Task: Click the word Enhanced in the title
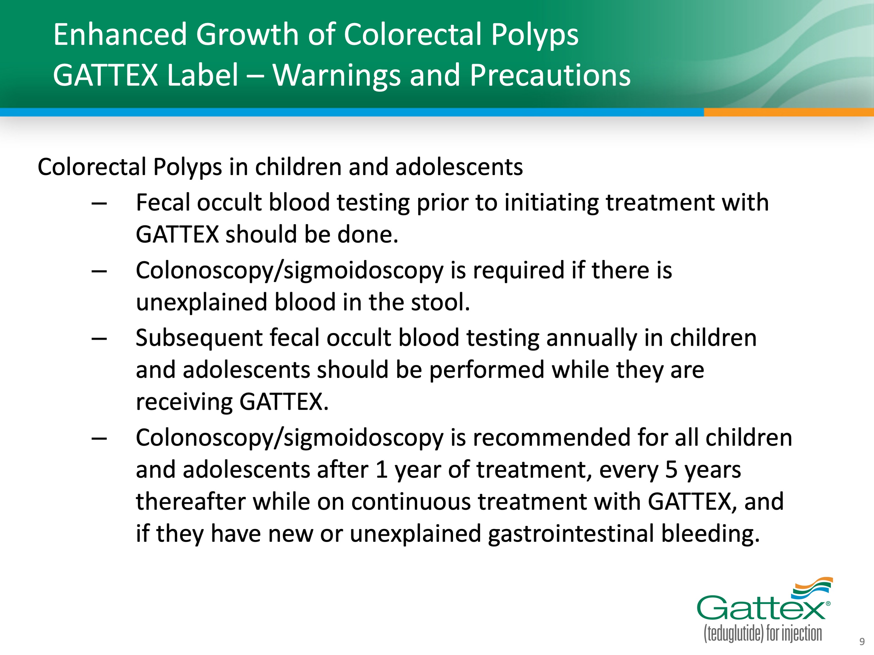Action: tap(120, 34)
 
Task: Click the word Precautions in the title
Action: tap(550, 75)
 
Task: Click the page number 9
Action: tap(862, 642)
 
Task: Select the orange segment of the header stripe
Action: tap(789, 112)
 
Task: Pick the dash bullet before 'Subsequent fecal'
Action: tap(99, 339)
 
